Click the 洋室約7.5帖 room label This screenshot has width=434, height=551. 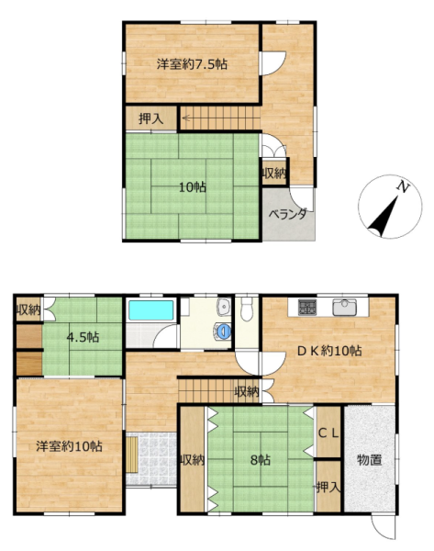click(x=192, y=64)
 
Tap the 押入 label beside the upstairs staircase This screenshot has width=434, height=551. click(x=150, y=118)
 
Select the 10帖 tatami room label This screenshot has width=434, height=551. click(x=193, y=187)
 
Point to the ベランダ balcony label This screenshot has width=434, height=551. click(x=288, y=214)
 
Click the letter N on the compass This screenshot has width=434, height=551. click(x=403, y=187)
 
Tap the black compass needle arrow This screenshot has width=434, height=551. click(x=384, y=217)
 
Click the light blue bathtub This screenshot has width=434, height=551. click(x=151, y=310)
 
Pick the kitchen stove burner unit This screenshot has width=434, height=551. click(x=307, y=307)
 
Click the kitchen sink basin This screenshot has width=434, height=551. click(x=345, y=307)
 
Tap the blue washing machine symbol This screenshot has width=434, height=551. click(x=223, y=331)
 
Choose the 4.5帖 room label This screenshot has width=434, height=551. click(x=83, y=337)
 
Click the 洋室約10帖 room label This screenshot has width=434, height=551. click(x=69, y=446)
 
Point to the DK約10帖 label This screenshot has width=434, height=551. click(x=329, y=351)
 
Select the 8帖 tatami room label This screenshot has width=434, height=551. click(x=261, y=460)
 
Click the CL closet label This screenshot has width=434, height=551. click(x=328, y=433)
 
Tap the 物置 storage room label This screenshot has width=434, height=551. click(x=369, y=460)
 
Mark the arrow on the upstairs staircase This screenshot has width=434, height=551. click(x=186, y=118)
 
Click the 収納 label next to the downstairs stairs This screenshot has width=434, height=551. click(x=247, y=391)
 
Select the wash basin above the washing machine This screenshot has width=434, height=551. click(x=223, y=307)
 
